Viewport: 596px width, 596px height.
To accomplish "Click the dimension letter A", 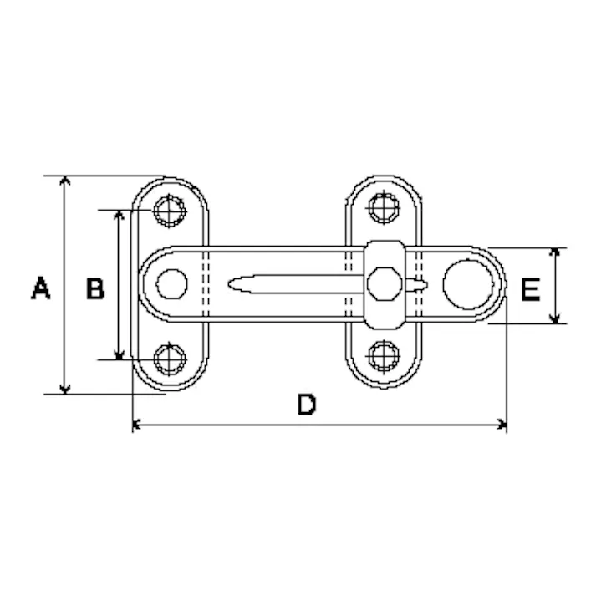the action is point(41,288).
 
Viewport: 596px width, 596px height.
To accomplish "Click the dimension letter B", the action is point(95,288).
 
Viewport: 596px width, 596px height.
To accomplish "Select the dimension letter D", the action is point(307,405).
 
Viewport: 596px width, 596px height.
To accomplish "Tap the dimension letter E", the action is point(531,289).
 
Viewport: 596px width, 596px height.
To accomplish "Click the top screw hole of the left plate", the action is point(170,211).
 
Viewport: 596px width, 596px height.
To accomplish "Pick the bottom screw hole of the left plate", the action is point(170,359).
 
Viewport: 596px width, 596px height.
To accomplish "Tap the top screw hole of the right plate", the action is point(384,208).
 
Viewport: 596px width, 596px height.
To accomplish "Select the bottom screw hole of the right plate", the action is point(384,356).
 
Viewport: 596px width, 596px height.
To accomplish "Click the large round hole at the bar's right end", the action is point(468,284).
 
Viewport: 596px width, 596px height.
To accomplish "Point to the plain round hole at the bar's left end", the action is point(172,284).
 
